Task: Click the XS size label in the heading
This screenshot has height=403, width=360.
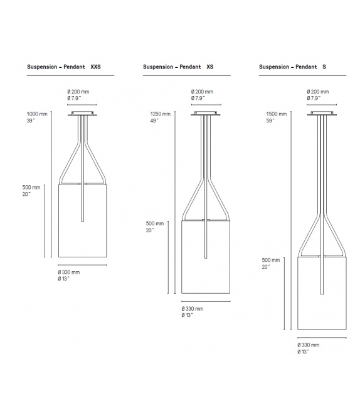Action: click(210, 66)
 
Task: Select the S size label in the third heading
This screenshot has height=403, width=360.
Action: click(324, 66)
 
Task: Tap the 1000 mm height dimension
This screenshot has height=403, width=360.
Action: click(36, 114)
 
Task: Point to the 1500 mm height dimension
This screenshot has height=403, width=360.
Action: click(276, 114)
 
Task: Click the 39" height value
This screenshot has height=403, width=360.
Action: click(31, 121)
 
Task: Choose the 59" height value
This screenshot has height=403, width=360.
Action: click(270, 121)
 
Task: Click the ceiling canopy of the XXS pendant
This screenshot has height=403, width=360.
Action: click(82, 114)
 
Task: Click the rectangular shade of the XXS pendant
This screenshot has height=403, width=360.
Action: click(82, 221)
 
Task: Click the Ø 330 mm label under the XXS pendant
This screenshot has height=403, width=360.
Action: click(69, 272)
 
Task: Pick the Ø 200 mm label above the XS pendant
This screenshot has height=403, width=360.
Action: click(204, 92)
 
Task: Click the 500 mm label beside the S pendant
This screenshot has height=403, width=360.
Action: click(271, 259)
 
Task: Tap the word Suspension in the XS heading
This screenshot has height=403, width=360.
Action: click(159, 66)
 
